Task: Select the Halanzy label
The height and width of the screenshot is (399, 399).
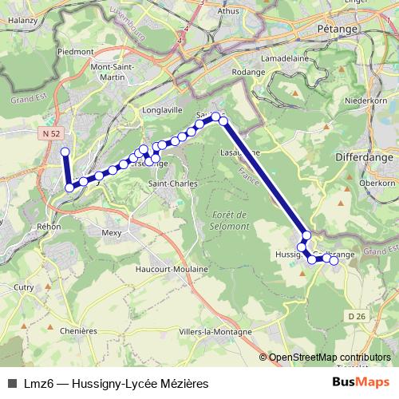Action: (x=23, y=20)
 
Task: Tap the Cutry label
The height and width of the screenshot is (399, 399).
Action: (x=23, y=286)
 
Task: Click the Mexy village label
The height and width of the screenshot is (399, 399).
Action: (x=112, y=233)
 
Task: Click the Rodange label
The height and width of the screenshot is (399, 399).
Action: (x=248, y=72)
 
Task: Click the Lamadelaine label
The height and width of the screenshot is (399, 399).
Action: (x=318, y=58)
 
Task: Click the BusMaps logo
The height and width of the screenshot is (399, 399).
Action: (x=361, y=384)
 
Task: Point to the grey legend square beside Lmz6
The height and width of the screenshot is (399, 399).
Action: (x=12, y=384)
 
